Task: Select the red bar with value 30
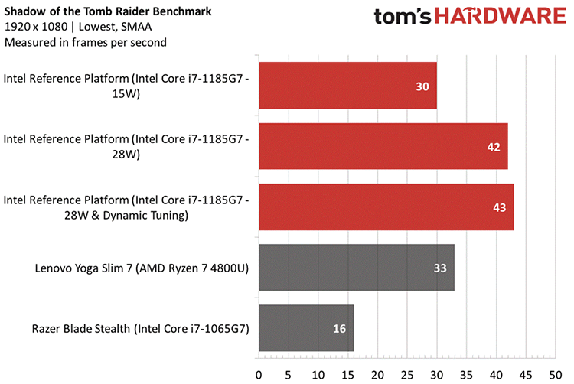(x=347, y=86)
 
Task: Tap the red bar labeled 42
(x=383, y=146)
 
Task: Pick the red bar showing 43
(x=386, y=207)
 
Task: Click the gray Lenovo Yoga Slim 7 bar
(x=357, y=268)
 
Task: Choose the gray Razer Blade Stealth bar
(x=306, y=328)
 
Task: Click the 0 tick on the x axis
(x=259, y=375)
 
